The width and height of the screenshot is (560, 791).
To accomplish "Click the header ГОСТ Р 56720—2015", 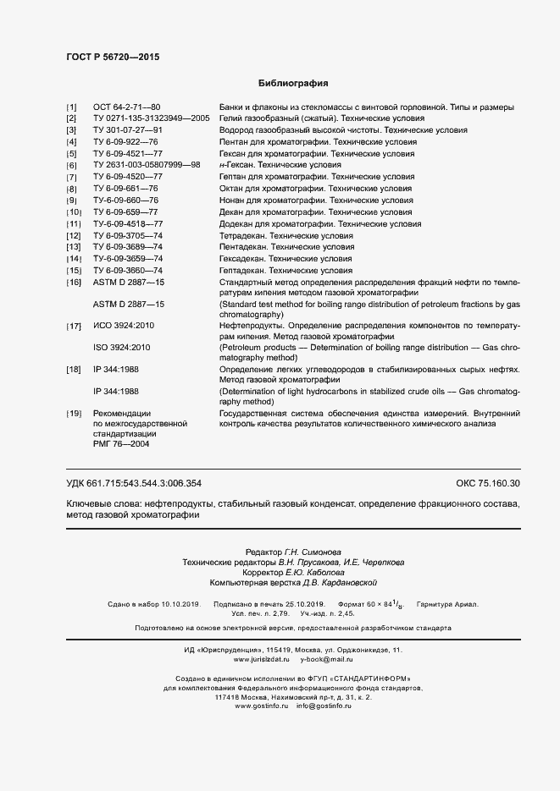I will coord(112,57).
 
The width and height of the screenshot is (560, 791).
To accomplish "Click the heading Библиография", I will coord(292,84).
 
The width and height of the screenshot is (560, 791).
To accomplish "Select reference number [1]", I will coord(71,107).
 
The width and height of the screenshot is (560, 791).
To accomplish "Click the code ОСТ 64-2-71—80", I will coord(126,107).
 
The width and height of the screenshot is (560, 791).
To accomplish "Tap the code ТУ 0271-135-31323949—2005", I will coord(152,118).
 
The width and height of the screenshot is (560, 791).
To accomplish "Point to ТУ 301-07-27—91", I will coord(127,130).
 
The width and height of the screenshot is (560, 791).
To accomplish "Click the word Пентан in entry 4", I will coord(234,142).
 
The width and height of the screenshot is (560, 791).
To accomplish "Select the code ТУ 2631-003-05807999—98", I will coord(147,165).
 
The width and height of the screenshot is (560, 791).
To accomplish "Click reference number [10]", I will coord(73,211).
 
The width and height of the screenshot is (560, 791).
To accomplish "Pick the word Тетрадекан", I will coord(241,234).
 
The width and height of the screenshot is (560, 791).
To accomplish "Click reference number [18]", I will coord(73,370).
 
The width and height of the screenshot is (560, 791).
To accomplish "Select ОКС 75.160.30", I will coord(488,483).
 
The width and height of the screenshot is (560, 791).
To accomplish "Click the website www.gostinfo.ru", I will coord(261,706).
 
